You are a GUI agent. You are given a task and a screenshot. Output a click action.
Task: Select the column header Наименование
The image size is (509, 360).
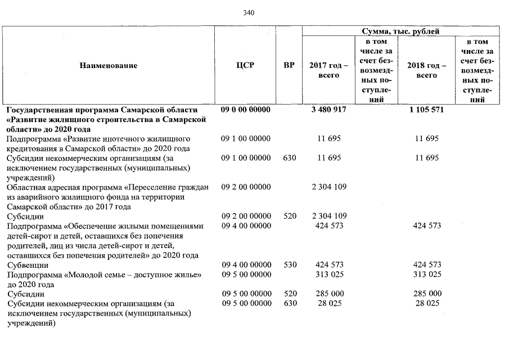[x=109, y=66]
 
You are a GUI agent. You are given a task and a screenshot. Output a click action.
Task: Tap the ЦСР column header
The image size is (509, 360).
[x=246, y=66]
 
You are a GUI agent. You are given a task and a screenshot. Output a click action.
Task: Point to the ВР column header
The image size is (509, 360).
[x=289, y=66]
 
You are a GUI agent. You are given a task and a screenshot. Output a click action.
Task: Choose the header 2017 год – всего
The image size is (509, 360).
[x=329, y=70]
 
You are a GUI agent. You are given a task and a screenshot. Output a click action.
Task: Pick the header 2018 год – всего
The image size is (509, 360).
[x=426, y=70]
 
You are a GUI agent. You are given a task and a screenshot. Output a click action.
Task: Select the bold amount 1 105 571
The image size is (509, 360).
[x=426, y=110]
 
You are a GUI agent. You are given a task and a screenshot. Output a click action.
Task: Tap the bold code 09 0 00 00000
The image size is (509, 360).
[x=246, y=110]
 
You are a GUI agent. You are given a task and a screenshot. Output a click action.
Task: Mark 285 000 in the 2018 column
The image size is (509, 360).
[x=426, y=294]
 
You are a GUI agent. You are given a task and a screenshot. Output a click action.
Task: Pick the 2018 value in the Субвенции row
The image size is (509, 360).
[x=426, y=264]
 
